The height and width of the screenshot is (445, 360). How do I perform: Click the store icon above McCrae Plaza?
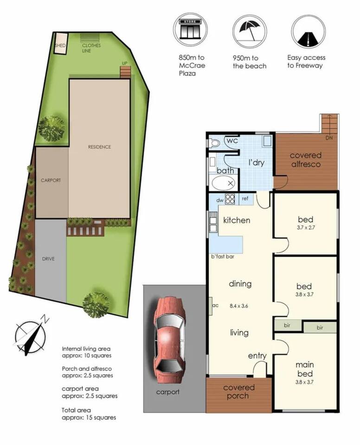pyautogui.click(x=190, y=30)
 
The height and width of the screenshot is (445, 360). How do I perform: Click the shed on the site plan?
pyautogui.click(x=61, y=43)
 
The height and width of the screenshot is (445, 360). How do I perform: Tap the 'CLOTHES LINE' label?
pyautogui.click(x=91, y=48)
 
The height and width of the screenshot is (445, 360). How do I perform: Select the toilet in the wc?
pyautogui.click(x=214, y=143)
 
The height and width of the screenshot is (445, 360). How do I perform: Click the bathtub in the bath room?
pyautogui.click(x=224, y=183)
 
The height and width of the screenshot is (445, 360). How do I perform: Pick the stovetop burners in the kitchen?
pyautogui.click(x=230, y=199)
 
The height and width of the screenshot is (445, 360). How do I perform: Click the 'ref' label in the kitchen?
pyautogui.click(x=245, y=198)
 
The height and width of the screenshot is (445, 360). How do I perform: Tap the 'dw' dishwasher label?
pyautogui.click(x=220, y=200)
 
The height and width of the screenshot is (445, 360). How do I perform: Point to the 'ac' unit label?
pyautogui.click(x=215, y=305)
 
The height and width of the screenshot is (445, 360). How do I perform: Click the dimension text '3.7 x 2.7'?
pyautogui.click(x=306, y=227)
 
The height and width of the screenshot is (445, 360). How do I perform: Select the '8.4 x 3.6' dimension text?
pyautogui.click(x=238, y=306)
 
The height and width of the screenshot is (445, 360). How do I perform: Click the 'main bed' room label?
pyautogui.click(x=305, y=369)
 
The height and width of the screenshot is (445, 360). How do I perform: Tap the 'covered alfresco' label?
pyautogui.click(x=306, y=160)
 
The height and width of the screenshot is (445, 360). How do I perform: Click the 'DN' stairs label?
pyautogui.click(x=329, y=138)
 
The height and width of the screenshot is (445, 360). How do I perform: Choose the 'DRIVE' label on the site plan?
pyautogui.click(x=48, y=259)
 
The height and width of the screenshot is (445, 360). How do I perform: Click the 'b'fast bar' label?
pyautogui.click(x=223, y=256)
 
